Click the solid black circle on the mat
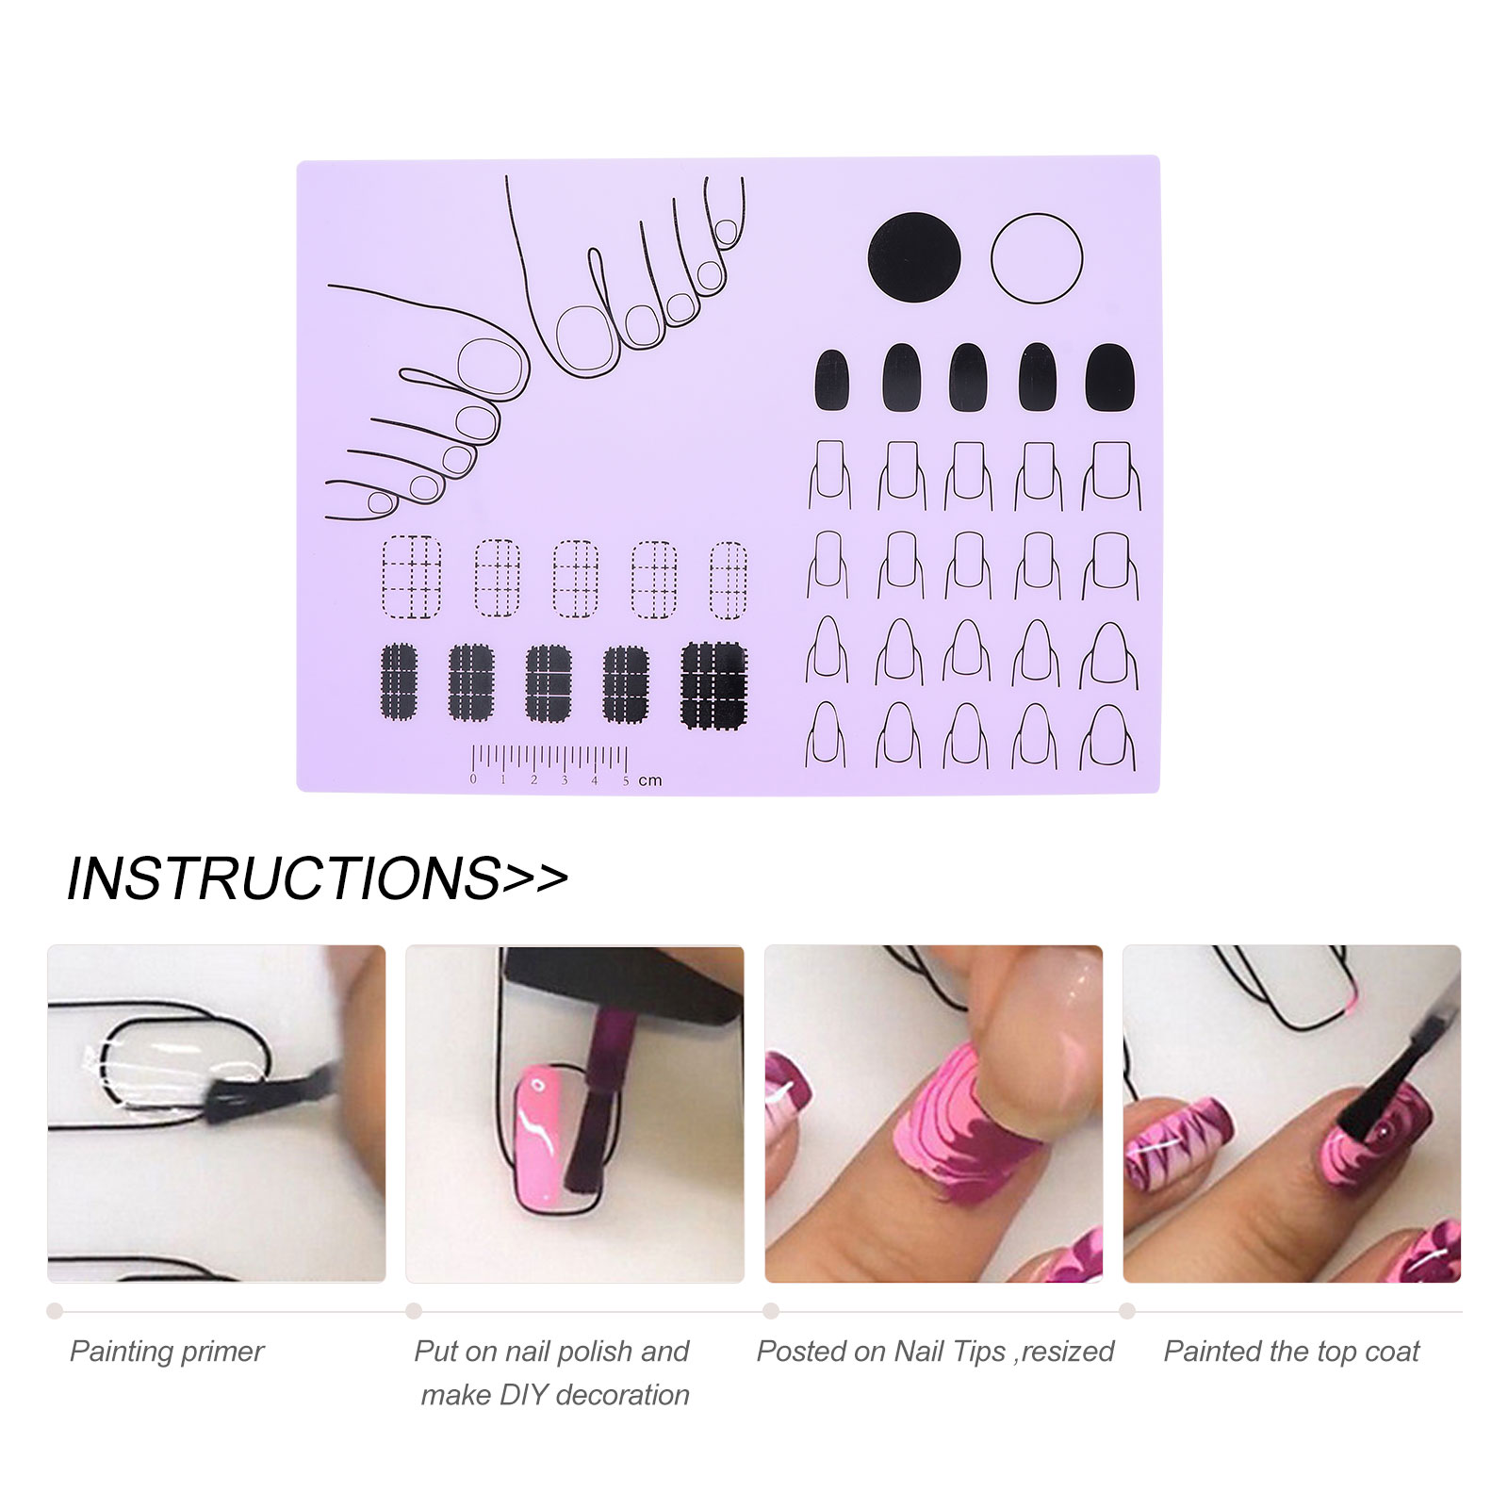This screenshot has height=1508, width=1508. point(913,258)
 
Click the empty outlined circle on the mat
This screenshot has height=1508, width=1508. point(1036,258)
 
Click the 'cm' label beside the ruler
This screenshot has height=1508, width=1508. point(650,780)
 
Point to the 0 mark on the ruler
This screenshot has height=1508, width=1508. point(473,779)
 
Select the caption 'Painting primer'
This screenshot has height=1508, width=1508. point(167,1352)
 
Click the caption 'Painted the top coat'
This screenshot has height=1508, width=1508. point(1291,1352)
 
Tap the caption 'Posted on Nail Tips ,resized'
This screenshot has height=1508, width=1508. point(934,1352)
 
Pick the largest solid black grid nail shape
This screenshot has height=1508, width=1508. point(713,685)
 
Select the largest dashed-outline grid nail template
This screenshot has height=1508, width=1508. point(412,576)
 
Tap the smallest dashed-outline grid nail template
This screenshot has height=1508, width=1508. point(728,580)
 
